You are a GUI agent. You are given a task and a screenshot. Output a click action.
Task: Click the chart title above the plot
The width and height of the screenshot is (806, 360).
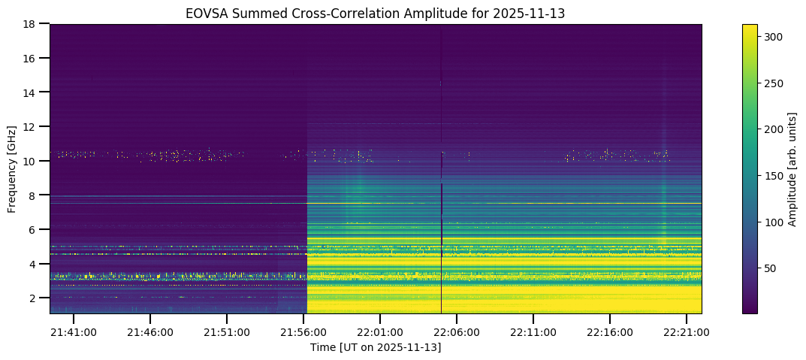(376, 14)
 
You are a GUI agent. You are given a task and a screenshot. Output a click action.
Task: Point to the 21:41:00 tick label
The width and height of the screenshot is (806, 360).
(74, 332)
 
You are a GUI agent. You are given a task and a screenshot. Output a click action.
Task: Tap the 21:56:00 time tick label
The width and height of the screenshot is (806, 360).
(303, 332)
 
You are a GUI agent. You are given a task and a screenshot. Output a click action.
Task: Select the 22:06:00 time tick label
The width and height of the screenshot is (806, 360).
(457, 332)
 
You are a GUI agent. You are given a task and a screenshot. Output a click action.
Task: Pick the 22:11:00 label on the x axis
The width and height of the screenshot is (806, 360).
(533, 332)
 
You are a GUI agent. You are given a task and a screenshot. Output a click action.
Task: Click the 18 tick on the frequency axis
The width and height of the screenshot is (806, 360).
(34, 24)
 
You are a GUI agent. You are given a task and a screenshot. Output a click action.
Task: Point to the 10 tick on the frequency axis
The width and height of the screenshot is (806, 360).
(34, 161)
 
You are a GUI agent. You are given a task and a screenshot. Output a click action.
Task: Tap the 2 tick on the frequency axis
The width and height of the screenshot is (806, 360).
(36, 298)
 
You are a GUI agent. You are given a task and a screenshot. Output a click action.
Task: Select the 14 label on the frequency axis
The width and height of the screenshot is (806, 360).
(34, 92)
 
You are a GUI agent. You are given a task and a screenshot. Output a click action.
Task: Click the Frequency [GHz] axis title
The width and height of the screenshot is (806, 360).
(12, 168)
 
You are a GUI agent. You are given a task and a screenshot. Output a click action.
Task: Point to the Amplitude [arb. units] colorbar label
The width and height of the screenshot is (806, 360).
(791, 168)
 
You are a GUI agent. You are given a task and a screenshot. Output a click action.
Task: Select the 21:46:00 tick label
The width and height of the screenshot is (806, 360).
(150, 332)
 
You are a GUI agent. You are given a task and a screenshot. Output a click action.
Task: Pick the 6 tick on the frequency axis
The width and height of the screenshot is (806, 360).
(36, 229)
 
